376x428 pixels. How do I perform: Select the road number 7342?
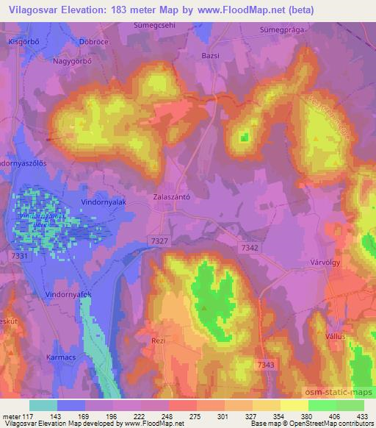click(250, 249)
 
